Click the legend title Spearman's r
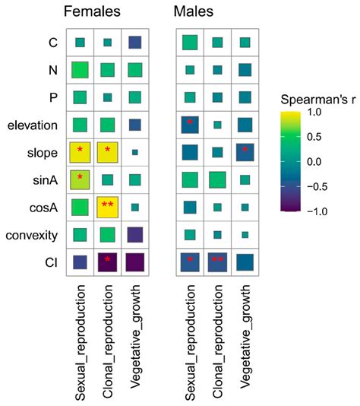click(314, 100)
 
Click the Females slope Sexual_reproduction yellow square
click(80, 153)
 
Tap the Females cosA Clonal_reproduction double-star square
click(107, 207)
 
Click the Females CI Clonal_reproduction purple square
click(107, 262)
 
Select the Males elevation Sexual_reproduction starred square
click(190, 125)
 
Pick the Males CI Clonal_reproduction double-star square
click(217, 262)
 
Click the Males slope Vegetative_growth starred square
click(245, 153)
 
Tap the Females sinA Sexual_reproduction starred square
click(80, 179)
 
